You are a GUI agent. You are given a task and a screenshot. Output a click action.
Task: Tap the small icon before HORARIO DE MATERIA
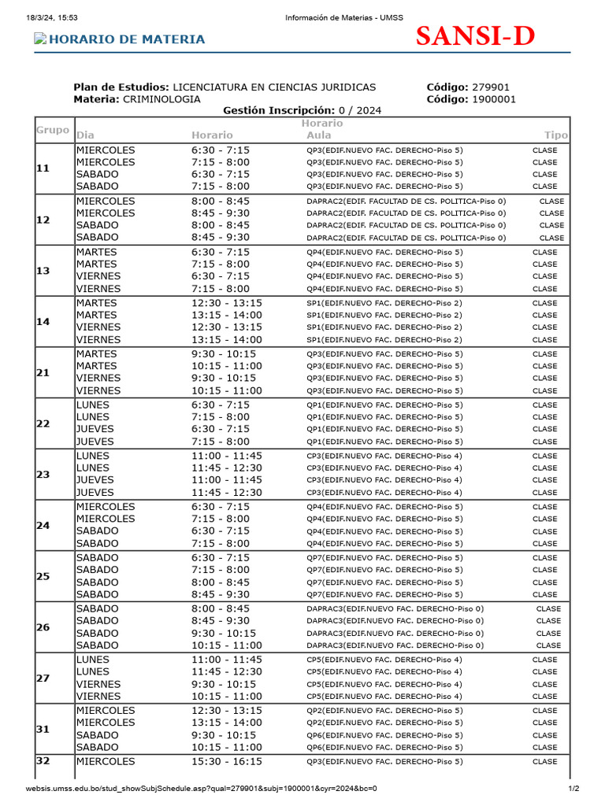pos(39,39)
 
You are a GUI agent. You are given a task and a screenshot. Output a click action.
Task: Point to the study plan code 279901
pos(490,87)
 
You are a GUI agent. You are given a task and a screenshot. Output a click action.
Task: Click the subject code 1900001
pos(494,99)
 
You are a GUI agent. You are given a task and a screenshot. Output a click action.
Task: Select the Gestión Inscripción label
pos(279,111)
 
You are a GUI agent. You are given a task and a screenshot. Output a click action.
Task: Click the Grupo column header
pos(53,130)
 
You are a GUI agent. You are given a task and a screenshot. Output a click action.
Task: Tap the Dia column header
pos(85,135)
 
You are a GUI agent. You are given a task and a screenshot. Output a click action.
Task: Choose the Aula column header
pos(319,135)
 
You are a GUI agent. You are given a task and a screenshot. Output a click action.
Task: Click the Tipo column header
pos(555,135)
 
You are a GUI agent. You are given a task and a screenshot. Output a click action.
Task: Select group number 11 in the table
pos(43,168)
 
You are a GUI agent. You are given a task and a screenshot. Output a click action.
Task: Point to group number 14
pos(43,321)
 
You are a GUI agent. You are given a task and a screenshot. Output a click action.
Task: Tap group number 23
pos(43,474)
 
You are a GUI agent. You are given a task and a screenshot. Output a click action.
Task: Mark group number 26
pos(43,627)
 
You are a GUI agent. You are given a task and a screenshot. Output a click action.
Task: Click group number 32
pos(43,761)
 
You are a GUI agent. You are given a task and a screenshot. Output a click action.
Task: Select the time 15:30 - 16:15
pos(227,761)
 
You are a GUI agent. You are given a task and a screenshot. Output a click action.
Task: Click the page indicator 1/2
pos(573,789)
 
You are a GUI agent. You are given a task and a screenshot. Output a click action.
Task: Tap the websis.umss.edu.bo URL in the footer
pos(201,789)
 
